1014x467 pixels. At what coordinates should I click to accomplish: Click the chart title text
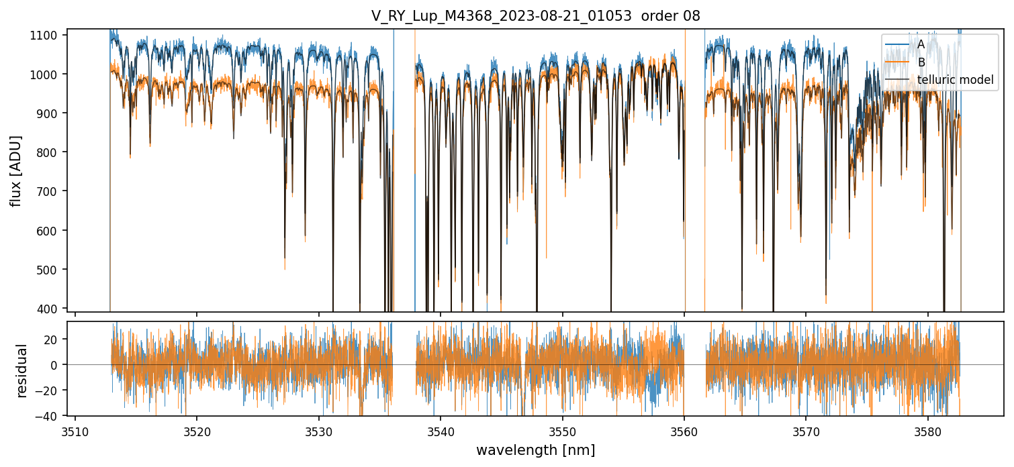(535, 16)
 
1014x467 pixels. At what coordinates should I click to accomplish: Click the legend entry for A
(921, 44)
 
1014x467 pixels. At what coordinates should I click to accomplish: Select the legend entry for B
(921, 62)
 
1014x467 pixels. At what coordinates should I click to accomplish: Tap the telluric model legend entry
(955, 81)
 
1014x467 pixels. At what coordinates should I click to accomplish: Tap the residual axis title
(21, 370)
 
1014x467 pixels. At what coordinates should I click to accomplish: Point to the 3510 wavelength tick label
(75, 430)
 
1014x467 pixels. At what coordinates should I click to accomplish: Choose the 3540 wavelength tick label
(441, 430)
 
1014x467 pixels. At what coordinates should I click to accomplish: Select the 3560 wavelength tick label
(684, 430)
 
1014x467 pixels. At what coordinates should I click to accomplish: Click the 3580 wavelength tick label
(927, 430)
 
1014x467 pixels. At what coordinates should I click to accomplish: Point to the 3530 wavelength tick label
(319, 430)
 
